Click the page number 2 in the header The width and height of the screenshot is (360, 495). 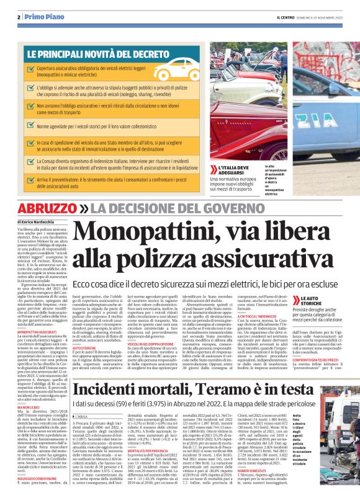(x=19, y=17)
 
